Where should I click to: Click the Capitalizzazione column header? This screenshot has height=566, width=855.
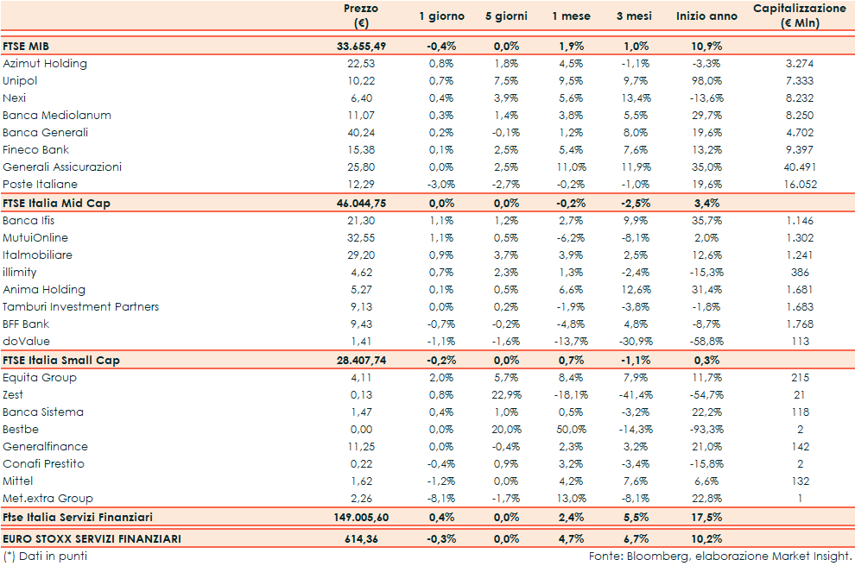click(x=799, y=16)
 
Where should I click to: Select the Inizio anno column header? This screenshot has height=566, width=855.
click(x=706, y=16)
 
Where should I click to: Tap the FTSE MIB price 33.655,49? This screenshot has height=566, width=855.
click(x=366, y=46)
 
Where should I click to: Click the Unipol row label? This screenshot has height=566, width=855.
click(x=20, y=80)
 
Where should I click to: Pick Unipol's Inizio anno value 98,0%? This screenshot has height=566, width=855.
click(x=708, y=80)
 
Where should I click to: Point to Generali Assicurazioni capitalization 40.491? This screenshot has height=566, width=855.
click(x=799, y=167)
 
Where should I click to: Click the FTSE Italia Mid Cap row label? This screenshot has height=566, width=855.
click(x=57, y=203)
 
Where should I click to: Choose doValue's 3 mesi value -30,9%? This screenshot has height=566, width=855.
click(x=639, y=341)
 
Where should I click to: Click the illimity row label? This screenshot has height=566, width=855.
click(x=20, y=272)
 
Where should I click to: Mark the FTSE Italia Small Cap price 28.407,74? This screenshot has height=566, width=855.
click(x=366, y=360)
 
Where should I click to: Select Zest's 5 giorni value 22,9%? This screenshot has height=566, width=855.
click(x=505, y=394)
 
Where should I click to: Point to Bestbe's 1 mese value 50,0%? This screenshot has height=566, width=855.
click(x=571, y=429)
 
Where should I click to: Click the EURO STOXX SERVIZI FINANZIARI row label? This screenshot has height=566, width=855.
click(x=92, y=538)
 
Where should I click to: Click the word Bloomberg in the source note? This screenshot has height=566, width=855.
click(x=649, y=557)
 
